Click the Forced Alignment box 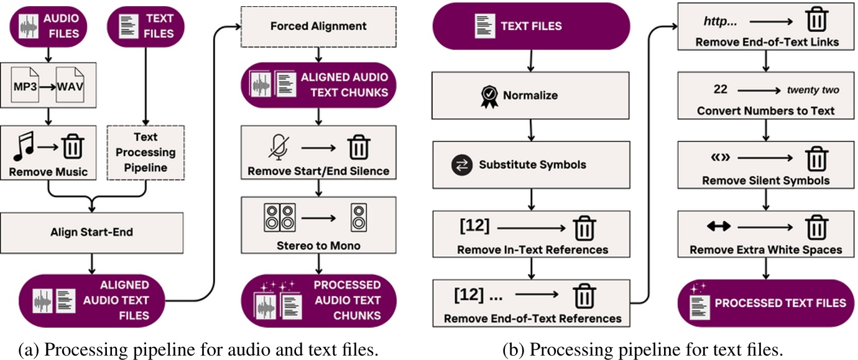318,27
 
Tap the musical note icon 24,146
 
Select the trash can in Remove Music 73,146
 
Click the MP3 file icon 25,85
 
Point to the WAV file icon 70,85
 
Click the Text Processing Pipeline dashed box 145,153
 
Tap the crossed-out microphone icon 279,147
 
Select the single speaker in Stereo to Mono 359,218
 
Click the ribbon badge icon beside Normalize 489,96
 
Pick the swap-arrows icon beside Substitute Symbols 461,165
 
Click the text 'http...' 720,21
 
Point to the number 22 720,90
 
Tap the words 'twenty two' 813,90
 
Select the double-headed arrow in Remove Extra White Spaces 719,226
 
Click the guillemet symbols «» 720,157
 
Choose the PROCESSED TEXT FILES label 780,303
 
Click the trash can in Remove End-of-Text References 584,296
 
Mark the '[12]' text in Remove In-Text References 474,226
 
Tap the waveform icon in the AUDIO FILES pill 29,27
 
